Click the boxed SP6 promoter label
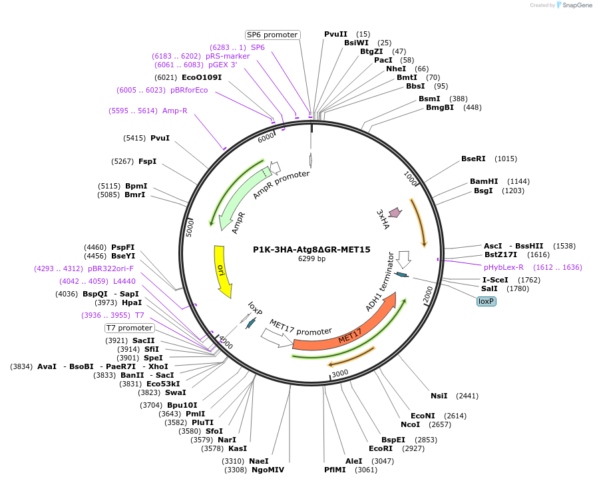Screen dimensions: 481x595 [x=272, y=35]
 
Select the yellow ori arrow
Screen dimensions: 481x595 [x=222, y=270]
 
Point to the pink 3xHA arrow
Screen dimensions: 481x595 [x=395, y=213]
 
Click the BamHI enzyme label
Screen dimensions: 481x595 [x=484, y=181]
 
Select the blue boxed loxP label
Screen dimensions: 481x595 [x=486, y=301]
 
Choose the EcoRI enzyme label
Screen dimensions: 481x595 [x=380, y=449]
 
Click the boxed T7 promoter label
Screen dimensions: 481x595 [x=130, y=328]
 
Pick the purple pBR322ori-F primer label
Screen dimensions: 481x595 [x=110, y=269]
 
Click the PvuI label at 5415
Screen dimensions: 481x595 [x=160, y=138]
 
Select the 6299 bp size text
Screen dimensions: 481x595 [x=311, y=259]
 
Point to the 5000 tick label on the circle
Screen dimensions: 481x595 [x=190, y=228]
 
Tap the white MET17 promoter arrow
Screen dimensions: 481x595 [x=276, y=338]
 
